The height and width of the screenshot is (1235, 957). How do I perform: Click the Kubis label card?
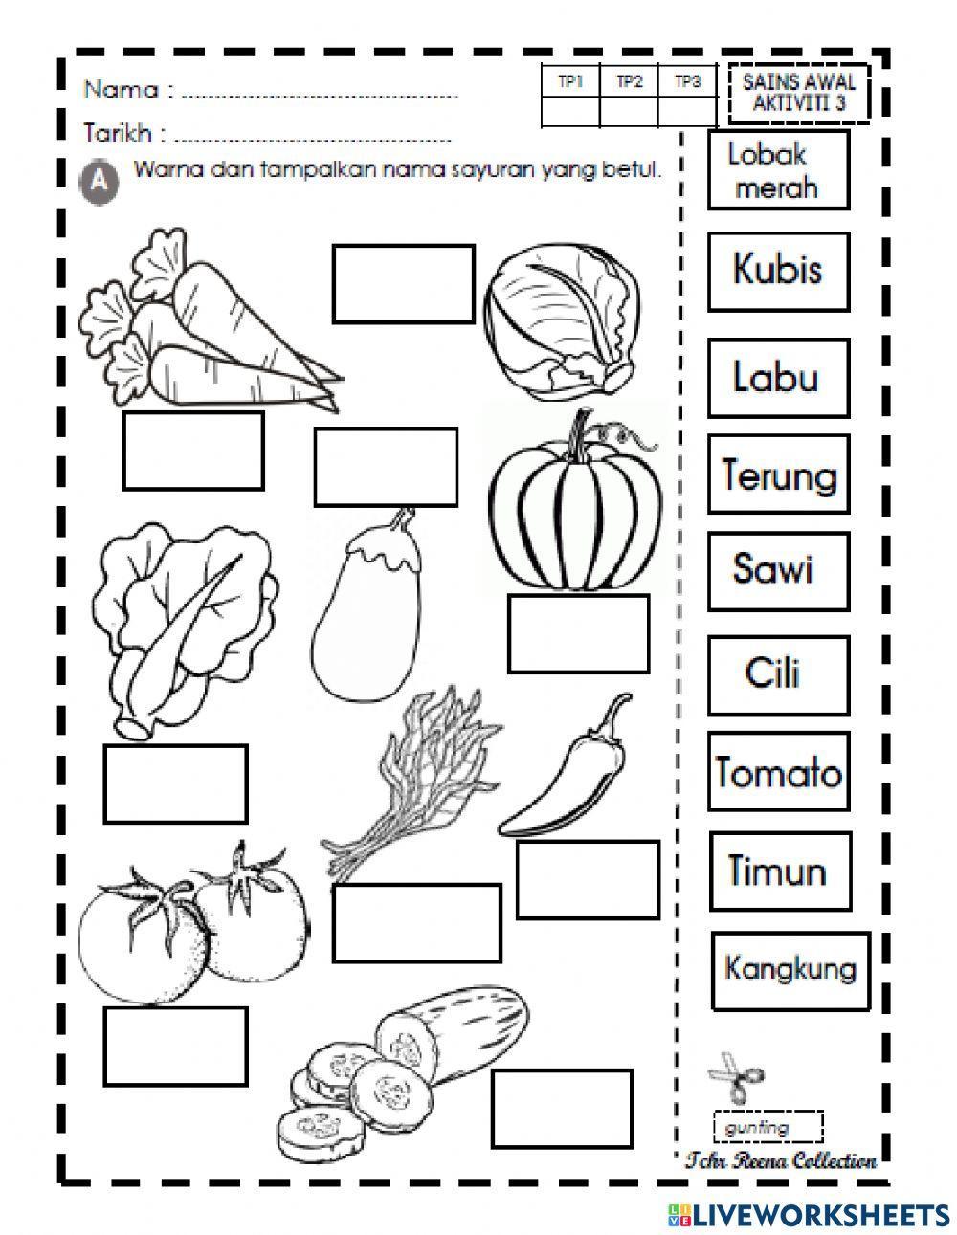point(778,270)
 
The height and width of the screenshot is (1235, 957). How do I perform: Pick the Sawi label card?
point(778,571)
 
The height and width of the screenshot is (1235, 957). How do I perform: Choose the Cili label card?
point(778,673)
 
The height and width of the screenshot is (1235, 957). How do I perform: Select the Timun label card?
point(778,871)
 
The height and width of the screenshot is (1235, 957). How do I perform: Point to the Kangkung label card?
point(790,970)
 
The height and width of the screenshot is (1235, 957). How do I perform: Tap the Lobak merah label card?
point(778,170)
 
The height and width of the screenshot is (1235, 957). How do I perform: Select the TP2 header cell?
point(628,83)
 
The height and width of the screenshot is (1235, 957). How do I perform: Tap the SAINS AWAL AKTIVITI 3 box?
point(799,95)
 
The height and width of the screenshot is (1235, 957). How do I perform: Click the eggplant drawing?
point(365,593)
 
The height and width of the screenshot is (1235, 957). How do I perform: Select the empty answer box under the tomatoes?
point(175,1045)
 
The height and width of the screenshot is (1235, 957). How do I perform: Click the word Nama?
point(121,90)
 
